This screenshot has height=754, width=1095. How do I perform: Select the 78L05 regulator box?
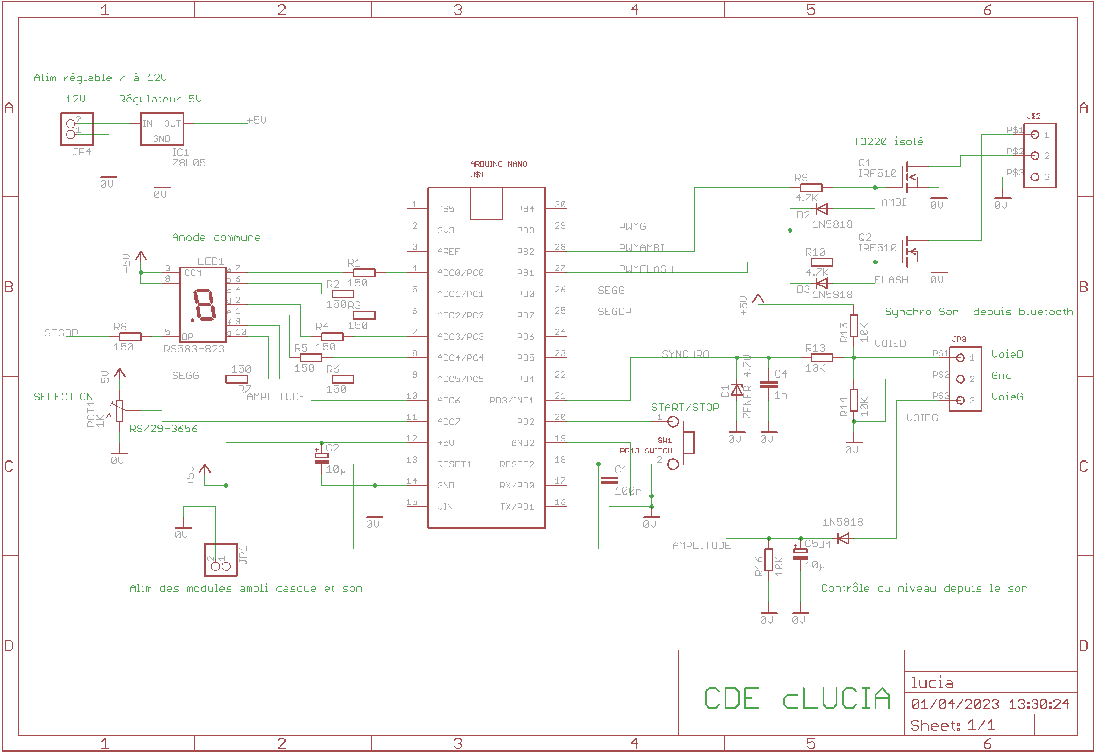coord(162,129)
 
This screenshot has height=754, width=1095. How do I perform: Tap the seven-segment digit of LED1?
coord(204,305)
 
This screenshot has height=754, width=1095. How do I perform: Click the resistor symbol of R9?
coord(811,188)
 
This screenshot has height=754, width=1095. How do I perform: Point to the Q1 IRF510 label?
coord(877,168)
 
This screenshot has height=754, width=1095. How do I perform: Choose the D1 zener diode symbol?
coord(736,390)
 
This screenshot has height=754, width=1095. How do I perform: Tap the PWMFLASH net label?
coord(646,269)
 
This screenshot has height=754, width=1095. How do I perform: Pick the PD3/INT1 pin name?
coord(511,401)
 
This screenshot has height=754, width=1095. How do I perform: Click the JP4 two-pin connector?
coord(77,129)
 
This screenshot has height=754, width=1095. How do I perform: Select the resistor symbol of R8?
coord(130,336)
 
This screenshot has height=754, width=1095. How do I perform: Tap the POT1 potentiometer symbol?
coord(120,410)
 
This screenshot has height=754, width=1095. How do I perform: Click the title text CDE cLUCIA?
coord(796,699)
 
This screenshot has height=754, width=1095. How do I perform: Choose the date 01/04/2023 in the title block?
coord(955,704)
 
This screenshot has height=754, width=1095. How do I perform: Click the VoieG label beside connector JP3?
coord(1007,397)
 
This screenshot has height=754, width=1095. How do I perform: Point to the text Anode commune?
coord(216,237)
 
